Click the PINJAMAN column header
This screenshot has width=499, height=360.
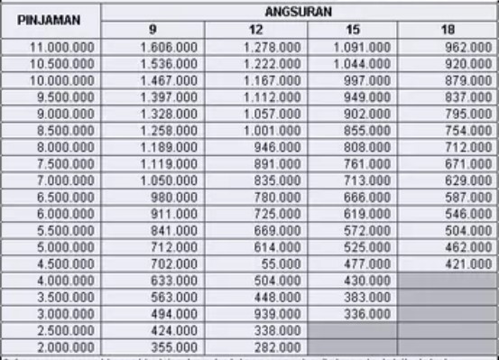pos(51,19)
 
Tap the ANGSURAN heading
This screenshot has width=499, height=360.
pos(299,12)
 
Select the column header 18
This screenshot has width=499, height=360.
pos(447,29)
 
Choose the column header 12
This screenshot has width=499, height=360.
pos(255,29)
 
